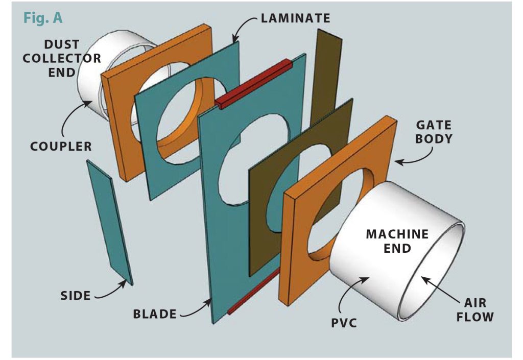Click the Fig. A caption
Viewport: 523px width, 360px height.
click(x=43, y=18)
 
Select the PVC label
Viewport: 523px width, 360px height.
click(x=350, y=323)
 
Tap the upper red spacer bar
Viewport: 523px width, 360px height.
click(x=254, y=84)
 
